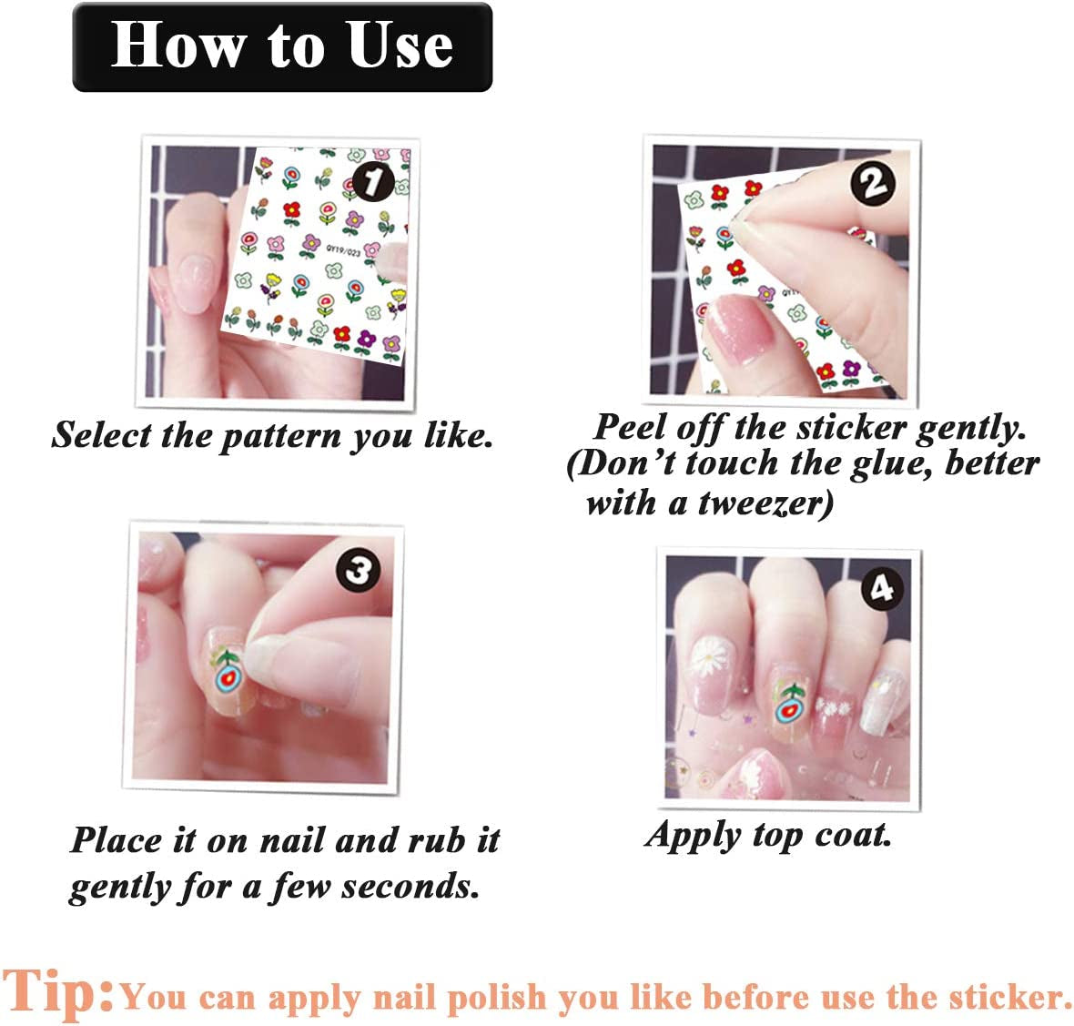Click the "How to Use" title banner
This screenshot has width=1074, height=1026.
pos(282,47)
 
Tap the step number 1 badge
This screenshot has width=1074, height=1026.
pos(373,181)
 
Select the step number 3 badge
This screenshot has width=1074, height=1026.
pos(358,571)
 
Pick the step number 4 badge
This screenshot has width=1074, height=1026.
pos(881,588)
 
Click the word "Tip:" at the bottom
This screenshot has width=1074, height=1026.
pos(58,991)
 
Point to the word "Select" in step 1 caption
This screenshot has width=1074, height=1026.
pos(101,435)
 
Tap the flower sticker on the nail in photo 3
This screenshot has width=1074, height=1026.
pos(227,674)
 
